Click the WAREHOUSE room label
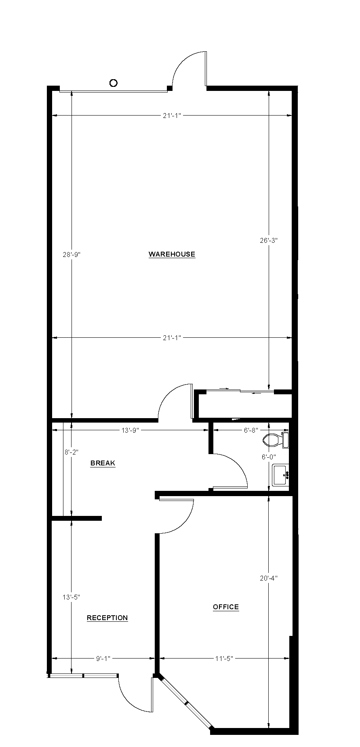pos(172,254)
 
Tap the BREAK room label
pos(103,463)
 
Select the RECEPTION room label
pos(107,618)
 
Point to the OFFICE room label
pos(226,607)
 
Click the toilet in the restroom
pos(273,440)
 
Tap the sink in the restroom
pos(280,475)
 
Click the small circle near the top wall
pos(114,83)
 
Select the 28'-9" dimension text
pos(72,255)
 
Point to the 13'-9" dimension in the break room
pos(130,430)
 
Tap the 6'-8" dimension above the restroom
pos(251,430)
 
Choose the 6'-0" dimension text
pos(269,457)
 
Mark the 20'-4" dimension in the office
pos(269,578)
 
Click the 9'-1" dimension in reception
pos(103,659)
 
